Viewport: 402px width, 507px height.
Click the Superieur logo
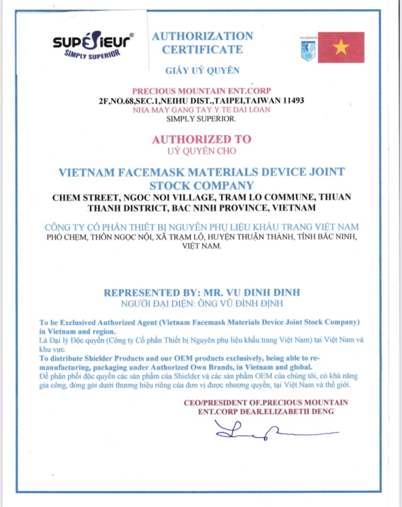(x=92, y=47)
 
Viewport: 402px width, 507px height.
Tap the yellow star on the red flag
(x=341, y=47)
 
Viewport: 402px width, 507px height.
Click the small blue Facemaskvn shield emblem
(x=308, y=50)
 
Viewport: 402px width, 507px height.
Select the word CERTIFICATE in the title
(x=202, y=49)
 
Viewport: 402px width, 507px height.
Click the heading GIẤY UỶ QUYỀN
(x=202, y=71)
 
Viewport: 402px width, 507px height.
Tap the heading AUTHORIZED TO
(x=202, y=139)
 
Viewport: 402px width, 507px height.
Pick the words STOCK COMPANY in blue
(x=201, y=185)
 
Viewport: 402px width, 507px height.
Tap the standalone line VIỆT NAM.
(x=201, y=246)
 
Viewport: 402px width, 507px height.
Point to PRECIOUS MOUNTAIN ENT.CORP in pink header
(x=201, y=91)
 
